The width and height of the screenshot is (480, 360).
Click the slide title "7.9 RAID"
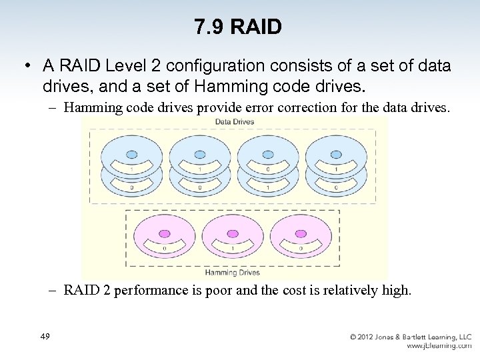(239, 27)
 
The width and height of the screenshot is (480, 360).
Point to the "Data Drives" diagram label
(234, 122)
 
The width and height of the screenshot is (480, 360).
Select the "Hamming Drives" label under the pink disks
(233, 272)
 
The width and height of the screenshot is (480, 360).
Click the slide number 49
(45, 337)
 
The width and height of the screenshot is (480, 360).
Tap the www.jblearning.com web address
(439, 346)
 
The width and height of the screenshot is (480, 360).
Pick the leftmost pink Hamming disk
(163, 240)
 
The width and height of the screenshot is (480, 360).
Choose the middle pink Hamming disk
(232, 240)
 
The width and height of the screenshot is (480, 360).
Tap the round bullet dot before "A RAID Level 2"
(27, 67)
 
